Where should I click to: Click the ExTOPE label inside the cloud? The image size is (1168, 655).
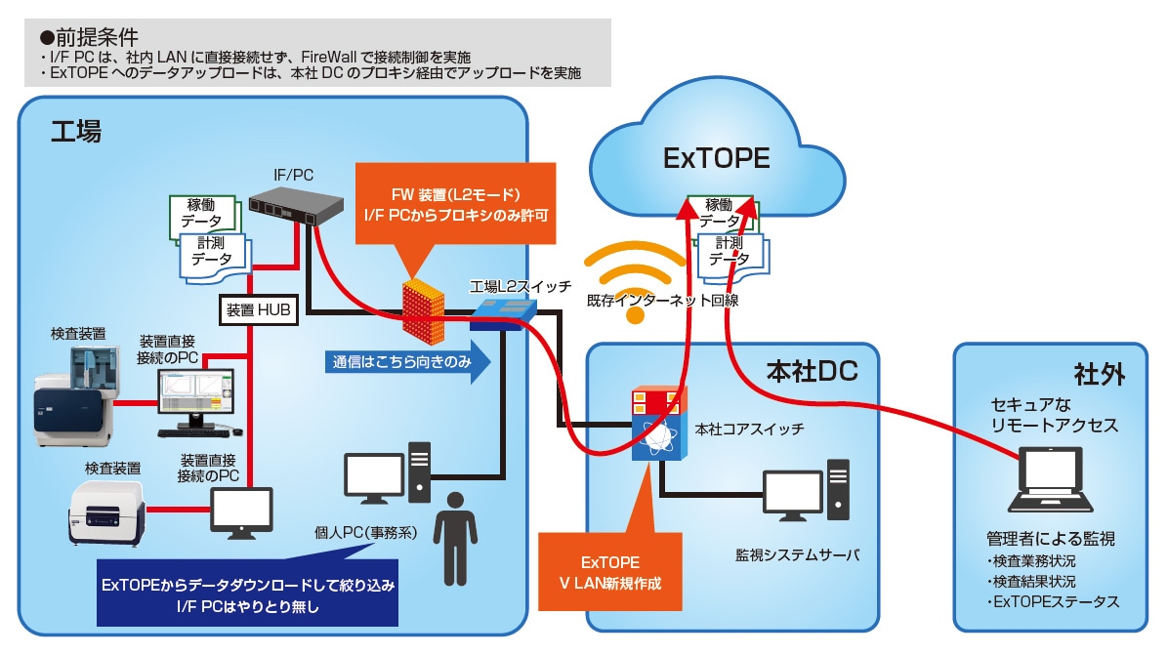(x=717, y=158)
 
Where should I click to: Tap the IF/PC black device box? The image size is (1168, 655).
(x=296, y=204)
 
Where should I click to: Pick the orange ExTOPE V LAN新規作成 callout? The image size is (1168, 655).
(x=610, y=571)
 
